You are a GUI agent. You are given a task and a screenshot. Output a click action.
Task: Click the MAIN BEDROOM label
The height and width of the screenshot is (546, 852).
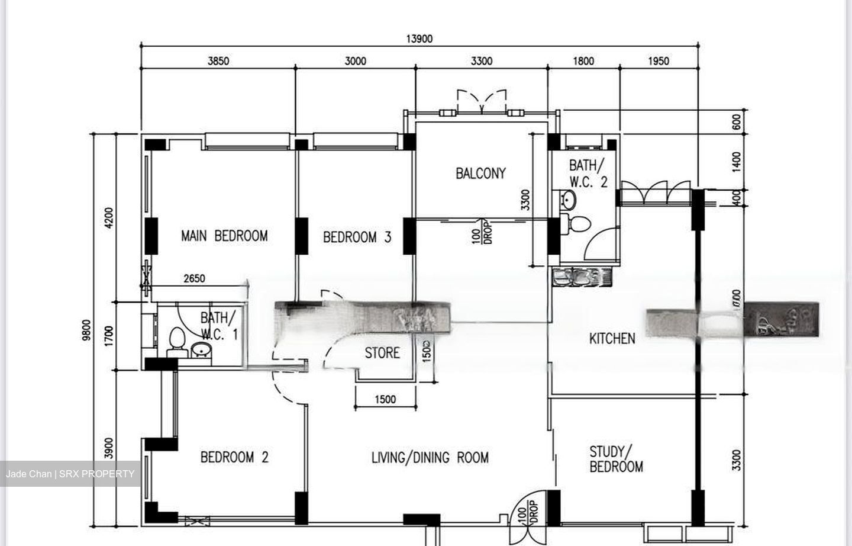[224, 236]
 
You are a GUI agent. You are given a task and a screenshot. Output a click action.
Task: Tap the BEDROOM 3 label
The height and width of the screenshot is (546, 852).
[357, 237]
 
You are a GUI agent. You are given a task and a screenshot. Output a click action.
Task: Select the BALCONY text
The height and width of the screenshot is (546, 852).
[480, 174]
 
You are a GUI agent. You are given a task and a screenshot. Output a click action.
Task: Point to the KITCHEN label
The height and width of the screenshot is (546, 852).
[612, 339]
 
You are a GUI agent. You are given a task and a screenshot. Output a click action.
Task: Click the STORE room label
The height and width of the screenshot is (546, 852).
[382, 353]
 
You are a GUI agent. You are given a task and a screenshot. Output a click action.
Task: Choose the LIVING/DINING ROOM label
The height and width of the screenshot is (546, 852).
[430, 458]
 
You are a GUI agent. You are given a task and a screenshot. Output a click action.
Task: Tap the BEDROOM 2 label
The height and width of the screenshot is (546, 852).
[234, 457]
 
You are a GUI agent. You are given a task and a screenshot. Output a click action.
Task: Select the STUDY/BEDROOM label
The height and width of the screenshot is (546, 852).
[616, 460]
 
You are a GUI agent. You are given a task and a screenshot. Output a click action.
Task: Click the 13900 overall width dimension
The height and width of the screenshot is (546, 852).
[419, 39]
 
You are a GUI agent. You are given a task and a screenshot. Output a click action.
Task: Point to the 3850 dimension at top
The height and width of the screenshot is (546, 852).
[218, 61]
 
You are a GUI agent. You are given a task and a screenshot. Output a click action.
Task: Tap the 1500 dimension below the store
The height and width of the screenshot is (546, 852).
[385, 399]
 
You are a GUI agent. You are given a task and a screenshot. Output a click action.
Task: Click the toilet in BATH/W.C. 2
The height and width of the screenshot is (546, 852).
[578, 223]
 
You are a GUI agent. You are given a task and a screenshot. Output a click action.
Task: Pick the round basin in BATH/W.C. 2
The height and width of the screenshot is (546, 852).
[569, 200]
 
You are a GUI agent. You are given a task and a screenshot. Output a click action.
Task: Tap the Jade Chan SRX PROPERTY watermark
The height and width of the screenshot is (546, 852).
[70, 474]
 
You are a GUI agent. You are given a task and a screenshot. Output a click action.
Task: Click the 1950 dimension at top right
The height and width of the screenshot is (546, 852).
[659, 61]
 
